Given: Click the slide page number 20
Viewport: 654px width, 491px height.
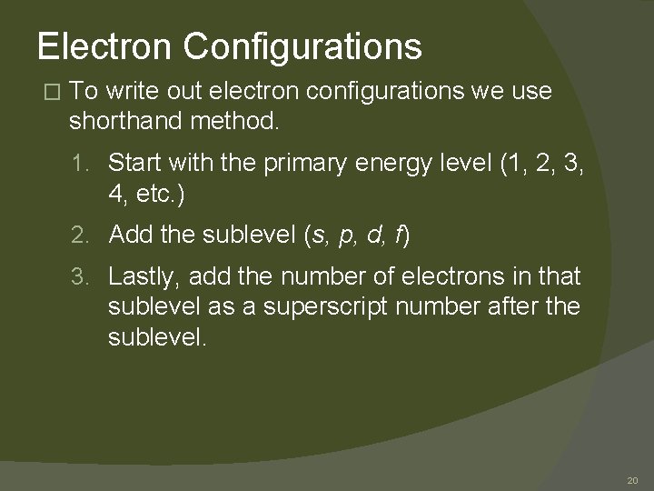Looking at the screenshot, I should [x=632, y=479].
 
